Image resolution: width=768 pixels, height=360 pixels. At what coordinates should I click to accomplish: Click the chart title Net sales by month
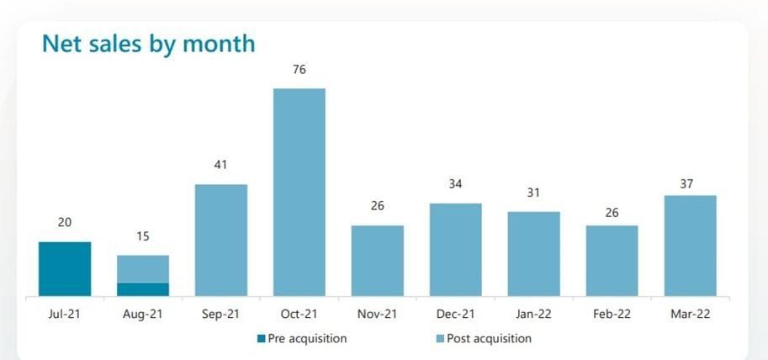pyautogui.click(x=148, y=43)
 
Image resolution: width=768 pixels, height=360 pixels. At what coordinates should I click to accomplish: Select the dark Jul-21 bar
pyautogui.click(x=65, y=268)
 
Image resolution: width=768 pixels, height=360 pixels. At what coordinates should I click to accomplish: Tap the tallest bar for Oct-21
pyautogui.click(x=299, y=192)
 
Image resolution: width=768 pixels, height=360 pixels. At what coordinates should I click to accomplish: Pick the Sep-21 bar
pyautogui.click(x=221, y=240)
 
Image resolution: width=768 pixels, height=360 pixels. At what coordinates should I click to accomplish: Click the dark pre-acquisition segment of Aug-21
pyautogui.click(x=143, y=289)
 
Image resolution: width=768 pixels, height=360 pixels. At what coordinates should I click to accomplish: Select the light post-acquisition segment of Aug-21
pyautogui.click(x=143, y=268)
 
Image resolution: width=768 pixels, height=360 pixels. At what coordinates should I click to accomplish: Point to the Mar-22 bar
pyautogui.click(x=690, y=246)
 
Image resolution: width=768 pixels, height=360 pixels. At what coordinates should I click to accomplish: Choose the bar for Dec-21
pyautogui.click(x=455, y=249)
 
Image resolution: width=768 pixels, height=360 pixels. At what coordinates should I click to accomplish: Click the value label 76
pyautogui.click(x=299, y=70)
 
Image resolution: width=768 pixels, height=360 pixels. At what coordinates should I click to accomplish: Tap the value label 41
pyautogui.click(x=221, y=166)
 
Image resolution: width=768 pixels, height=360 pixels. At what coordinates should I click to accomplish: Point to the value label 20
pyautogui.click(x=65, y=222)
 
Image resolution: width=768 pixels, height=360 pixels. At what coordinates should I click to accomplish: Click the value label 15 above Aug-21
pyautogui.click(x=143, y=236)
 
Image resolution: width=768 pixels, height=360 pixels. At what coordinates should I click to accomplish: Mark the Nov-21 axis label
pyautogui.click(x=377, y=314)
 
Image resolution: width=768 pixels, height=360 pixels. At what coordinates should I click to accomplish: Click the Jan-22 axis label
pyautogui.click(x=533, y=314)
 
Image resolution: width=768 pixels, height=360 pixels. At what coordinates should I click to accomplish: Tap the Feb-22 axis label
pyautogui.click(x=612, y=314)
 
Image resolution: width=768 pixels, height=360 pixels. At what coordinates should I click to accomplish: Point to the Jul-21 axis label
pyautogui.click(x=65, y=314)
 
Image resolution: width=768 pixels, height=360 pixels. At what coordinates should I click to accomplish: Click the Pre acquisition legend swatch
pyautogui.click(x=261, y=339)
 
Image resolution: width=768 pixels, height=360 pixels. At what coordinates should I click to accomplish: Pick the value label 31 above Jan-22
pyautogui.click(x=533, y=193)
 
